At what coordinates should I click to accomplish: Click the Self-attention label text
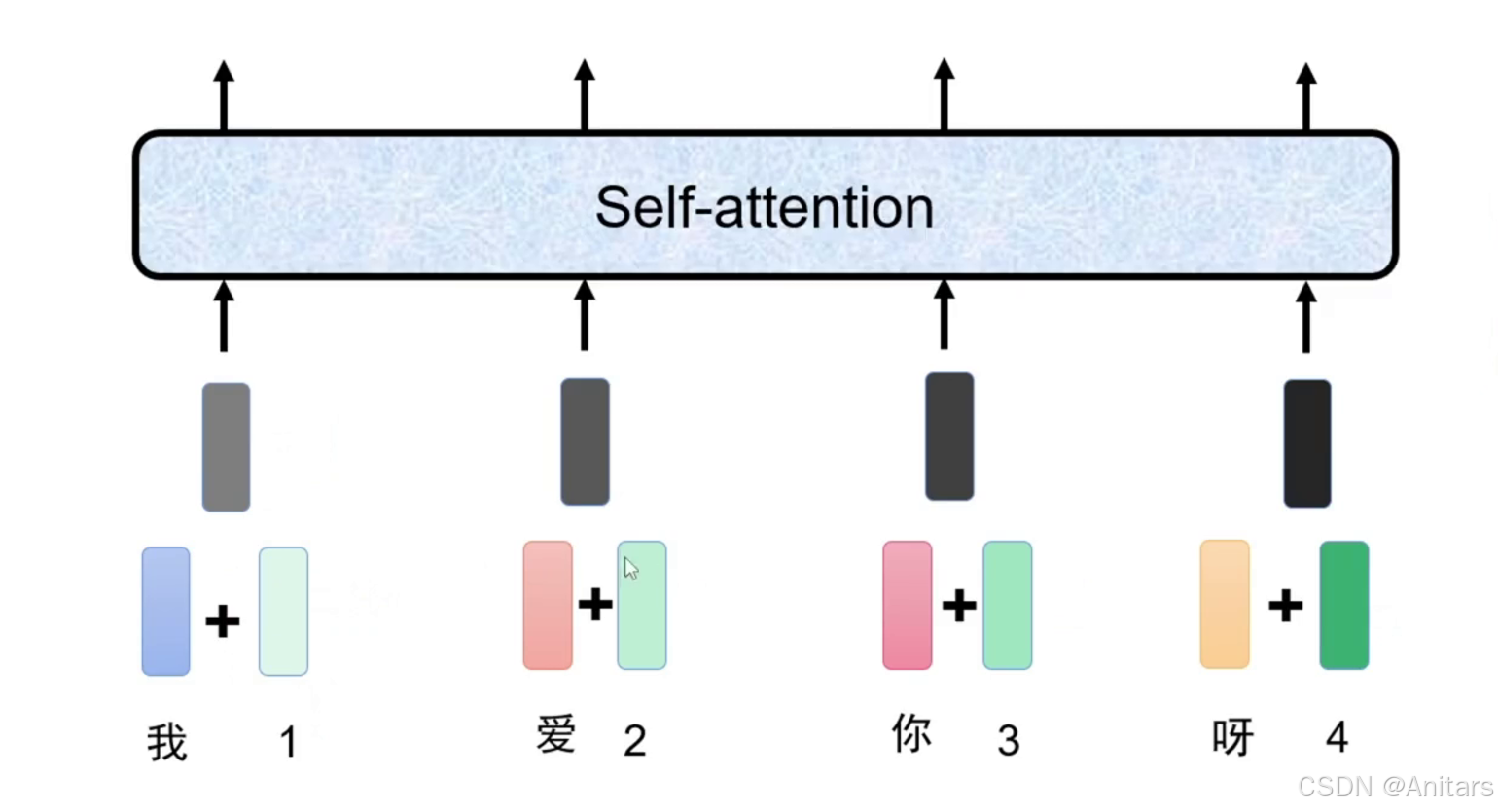[x=765, y=207]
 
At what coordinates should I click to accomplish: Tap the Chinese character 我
[x=167, y=743]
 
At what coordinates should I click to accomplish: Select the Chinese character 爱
[x=556, y=735]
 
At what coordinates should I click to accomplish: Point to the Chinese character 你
[x=911, y=734]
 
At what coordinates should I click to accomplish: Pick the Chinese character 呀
[x=1232, y=738]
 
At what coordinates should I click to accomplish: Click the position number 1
[x=288, y=743]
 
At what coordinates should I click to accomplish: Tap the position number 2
[x=635, y=741]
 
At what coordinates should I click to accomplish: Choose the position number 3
[x=1009, y=741]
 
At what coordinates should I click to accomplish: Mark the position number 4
[x=1337, y=737]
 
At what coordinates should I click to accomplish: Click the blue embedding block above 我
[x=166, y=612]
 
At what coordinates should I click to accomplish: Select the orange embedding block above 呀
[x=1225, y=605]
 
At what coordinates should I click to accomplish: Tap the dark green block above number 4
[x=1343, y=605]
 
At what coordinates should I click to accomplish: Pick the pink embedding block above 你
[x=908, y=605]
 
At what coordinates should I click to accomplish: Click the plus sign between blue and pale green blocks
[x=223, y=620]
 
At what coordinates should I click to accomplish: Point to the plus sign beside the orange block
[x=1285, y=606]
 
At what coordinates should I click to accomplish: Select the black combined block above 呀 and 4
[x=1307, y=443]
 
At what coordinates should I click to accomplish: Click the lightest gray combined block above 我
[x=226, y=447]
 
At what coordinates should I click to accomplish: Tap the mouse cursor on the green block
[x=630, y=569]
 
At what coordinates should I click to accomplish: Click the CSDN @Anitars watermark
[x=1395, y=786]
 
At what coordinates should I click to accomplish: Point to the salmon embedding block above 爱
[x=548, y=605]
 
